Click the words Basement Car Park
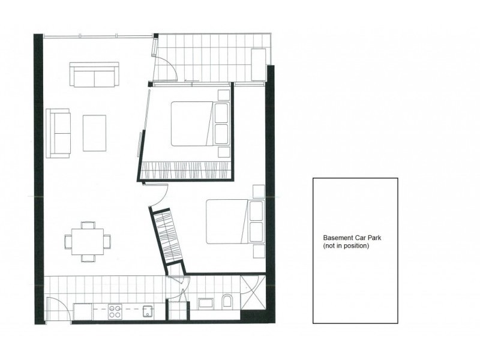pyautogui.click(x=352, y=238)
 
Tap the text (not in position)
pyautogui.click(x=346, y=246)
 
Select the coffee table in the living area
pyautogui.click(x=94, y=133)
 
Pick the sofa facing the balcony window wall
pyautogui.click(x=94, y=74)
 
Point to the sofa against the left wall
pyautogui.click(x=58, y=133)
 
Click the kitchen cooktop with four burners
pyautogui.click(x=115, y=311)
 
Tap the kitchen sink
pyautogui.click(x=148, y=311)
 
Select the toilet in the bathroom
pyautogui.click(x=227, y=301)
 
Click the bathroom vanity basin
pyautogui.click(x=206, y=303)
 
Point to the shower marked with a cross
pyautogui.click(x=253, y=293)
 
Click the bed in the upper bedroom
pyautogui.click(x=200, y=124)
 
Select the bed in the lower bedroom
pyautogui.click(x=235, y=221)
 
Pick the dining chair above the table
pyautogui.click(x=88, y=225)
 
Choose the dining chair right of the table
pyautogui.click(x=107, y=242)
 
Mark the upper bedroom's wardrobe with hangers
pyautogui.click(x=185, y=170)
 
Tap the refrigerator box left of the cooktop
pyautogui.click(x=82, y=312)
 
